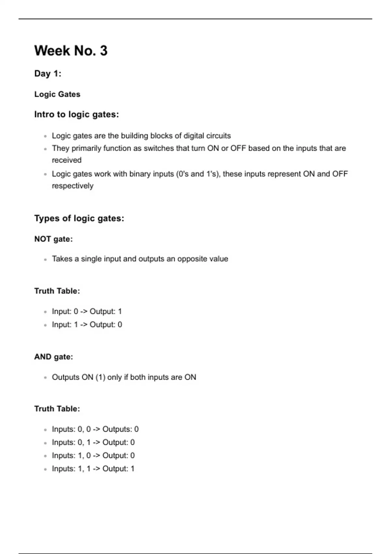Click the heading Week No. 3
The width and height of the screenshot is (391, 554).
[x=71, y=51]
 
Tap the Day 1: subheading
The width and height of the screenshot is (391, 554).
[x=48, y=74]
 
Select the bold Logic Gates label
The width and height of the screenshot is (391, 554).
[x=57, y=94]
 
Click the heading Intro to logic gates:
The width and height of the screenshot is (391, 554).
[x=76, y=114]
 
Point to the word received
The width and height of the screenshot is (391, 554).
[x=66, y=160]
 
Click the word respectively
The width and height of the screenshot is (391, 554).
[x=73, y=186]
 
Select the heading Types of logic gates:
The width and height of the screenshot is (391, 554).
[x=79, y=218]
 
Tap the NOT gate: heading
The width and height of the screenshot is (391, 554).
[x=53, y=239]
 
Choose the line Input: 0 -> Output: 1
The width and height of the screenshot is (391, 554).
[x=87, y=312]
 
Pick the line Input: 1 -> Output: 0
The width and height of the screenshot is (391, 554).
[x=87, y=325]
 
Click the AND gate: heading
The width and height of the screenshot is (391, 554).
[x=53, y=357]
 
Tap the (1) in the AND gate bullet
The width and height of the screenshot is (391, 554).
[x=100, y=377]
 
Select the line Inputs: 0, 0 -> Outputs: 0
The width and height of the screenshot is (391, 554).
[x=95, y=429]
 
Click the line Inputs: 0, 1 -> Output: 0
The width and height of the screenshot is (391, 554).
[x=93, y=442]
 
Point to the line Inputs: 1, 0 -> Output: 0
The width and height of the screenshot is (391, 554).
[x=93, y=455]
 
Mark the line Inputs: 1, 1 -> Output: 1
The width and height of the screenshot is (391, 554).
[x=93, y=469]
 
